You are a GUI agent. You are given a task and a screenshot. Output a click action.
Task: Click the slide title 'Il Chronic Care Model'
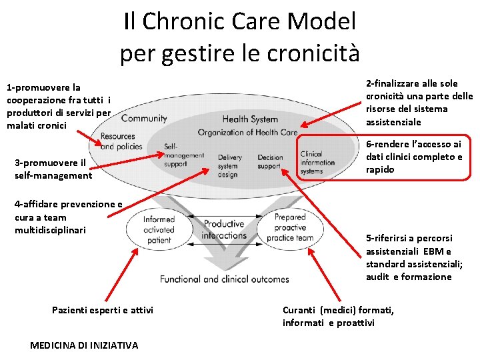pyautogui.click(x=240, y=21)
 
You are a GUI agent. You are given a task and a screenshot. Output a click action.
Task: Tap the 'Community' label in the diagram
pyautogui.click(x=144, y=119)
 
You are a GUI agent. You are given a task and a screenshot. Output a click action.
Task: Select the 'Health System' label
pyautogui.click(x=250, y=119)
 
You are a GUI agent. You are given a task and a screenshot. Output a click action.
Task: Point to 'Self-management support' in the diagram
pyautogui.click(x=183, y=155)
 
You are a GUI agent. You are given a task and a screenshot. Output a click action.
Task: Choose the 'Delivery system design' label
pyautogui.click(x=230, y=166)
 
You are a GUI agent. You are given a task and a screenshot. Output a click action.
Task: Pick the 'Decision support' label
pyautogui.click(x=270, y=162)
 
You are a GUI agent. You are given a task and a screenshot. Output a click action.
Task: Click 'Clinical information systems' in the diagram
pyautogui.click(x=318, y=162)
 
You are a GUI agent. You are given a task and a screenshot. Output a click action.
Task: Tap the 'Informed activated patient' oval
pyautogui.click(x=159, y=229)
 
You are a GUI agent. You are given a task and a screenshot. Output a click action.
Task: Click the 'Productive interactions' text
pyautogui.click(x=224, y=230)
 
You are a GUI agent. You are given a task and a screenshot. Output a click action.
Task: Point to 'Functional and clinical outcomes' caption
pyautogui.click(x=225, y=279)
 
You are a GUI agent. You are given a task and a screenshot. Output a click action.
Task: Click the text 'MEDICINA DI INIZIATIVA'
pyautogui.click(x=85, y=345)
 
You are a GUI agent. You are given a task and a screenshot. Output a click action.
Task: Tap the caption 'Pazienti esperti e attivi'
pyautogui.click(x=103, y=310)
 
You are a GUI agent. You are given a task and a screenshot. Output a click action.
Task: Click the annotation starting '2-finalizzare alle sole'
pyautogui.click(x=419, y=103)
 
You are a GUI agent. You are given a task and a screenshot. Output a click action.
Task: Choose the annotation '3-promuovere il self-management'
pyautogui.click(x=53, y=169)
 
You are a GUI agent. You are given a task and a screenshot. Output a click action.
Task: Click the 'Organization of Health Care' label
pyautogui.click(x=247, y=132)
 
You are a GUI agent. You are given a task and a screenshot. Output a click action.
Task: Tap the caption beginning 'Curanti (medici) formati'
pyautogui.click(x=338, y=317)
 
